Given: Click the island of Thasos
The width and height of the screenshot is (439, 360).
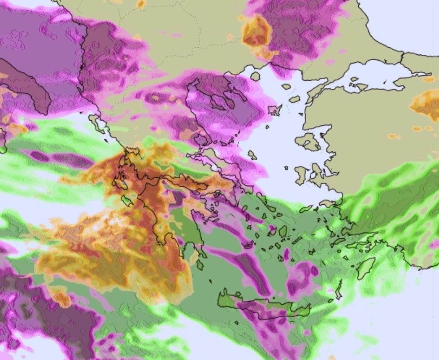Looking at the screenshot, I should pos(255,76).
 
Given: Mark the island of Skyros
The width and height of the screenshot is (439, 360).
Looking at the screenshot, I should pos(252,155).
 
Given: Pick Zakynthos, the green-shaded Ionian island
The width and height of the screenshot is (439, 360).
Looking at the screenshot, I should pos(126,200).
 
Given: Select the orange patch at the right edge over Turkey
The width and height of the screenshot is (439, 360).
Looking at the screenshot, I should pos(426,105).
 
